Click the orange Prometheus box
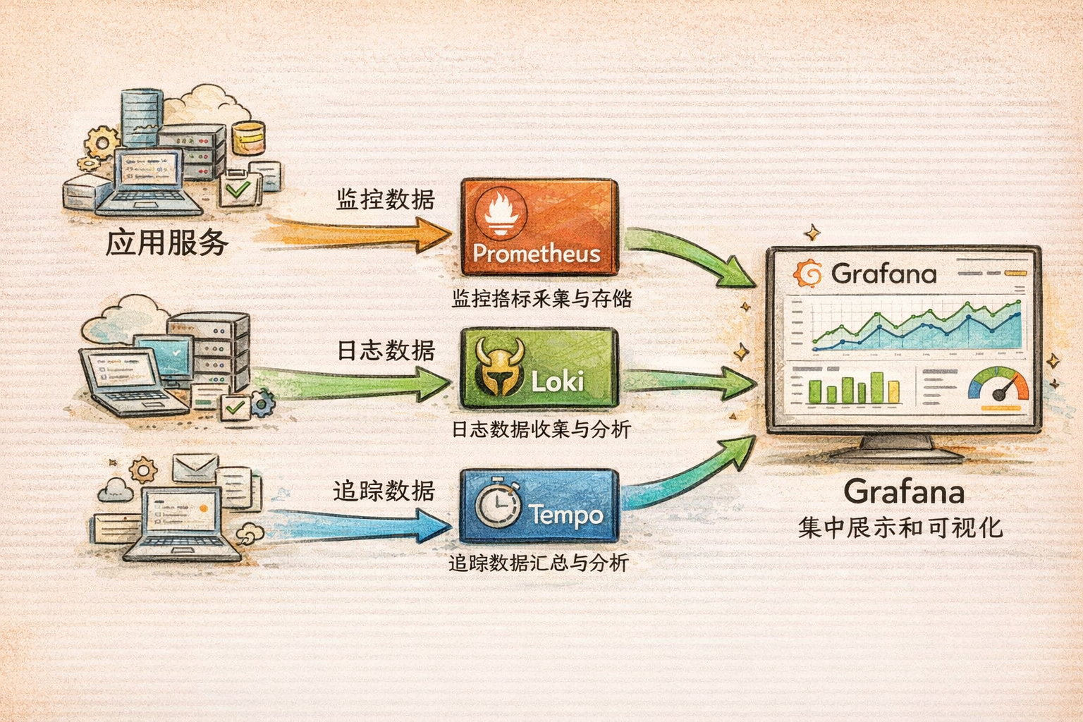[x=539, y=227]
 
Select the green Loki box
[x=539, y=367]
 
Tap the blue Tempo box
[x=539, y=506]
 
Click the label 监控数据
[x=385, y=200]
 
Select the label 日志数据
[x=385, y=350]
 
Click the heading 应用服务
[x=167, y=243]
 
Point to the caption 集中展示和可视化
[x=900, y=527]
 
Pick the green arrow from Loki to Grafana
[x=687, y=381]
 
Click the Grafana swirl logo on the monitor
[x=807, y=274]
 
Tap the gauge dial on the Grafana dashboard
[x=998, y=386]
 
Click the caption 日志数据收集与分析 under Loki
[x=541, y=429]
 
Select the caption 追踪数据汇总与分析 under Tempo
[x=539, y=563]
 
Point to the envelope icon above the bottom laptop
[x=195, y=467]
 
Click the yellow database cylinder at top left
[x=248, y=137]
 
